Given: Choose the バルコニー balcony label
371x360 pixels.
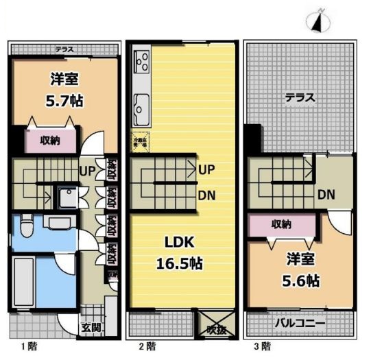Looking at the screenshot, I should click(300, 322).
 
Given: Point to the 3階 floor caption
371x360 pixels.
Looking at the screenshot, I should click(263, 346).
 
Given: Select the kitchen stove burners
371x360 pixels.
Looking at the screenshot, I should click(142, 63).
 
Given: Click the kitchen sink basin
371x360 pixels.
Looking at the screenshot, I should click(142, 108).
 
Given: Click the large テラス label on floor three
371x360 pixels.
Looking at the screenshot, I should click(300, 97).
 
